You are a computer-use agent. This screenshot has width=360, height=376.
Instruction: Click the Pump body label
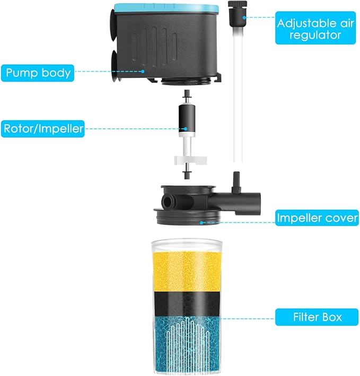pyautogui.click(x=38, y=72)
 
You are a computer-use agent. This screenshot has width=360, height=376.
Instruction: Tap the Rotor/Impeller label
pyautogui.click(x=42, y=129)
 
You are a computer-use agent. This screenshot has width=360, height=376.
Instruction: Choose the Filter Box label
pyautogui.click(x=317, y=317)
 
